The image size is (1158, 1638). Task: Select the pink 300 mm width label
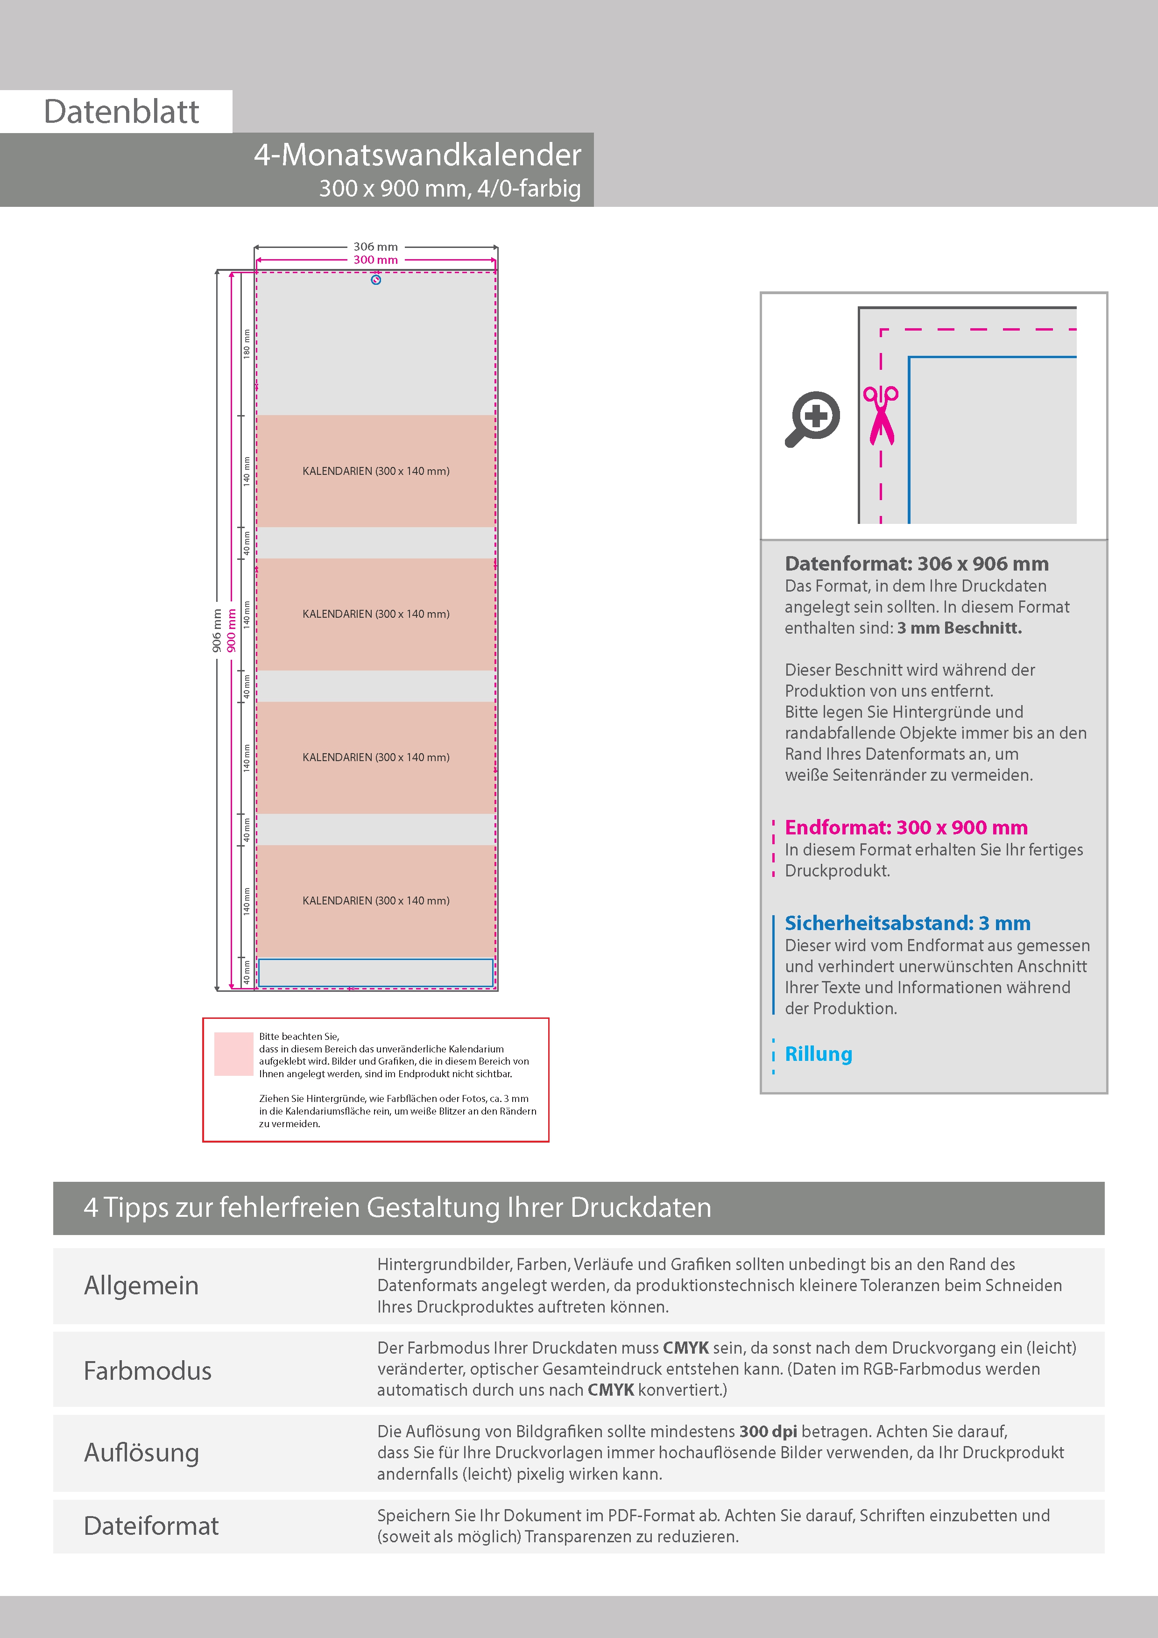coord(375,260)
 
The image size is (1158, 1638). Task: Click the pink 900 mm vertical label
coord(231,630)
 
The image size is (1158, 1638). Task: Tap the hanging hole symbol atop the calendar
coord(376,280)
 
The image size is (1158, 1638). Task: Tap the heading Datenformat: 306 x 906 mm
coord(916,564)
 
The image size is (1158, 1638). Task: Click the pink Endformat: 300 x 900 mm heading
coord(906,827)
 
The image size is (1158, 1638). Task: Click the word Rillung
coord(819,1054)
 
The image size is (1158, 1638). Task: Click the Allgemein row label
coord(141,1285)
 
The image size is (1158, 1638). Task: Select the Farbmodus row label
coord(148,1370)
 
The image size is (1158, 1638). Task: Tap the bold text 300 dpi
coord(768,1431)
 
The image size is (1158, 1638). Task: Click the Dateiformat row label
coord(151,1525)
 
